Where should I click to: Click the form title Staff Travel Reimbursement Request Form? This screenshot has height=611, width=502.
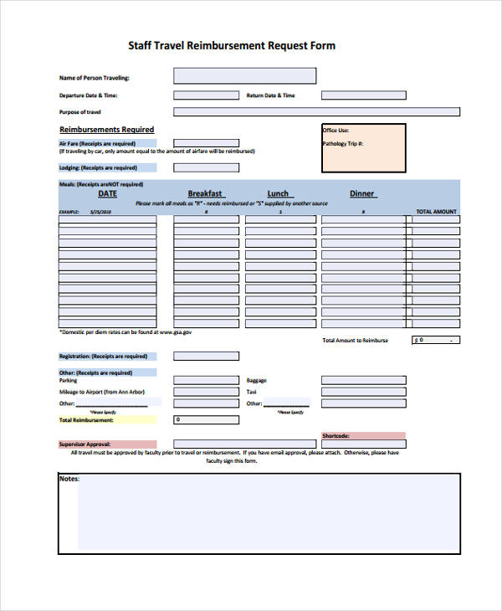point(232,45)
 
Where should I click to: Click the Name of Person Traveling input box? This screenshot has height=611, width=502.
point(244,76)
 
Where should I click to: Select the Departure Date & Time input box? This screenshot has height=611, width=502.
point(206,95)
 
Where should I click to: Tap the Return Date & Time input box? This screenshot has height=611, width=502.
point(363,95)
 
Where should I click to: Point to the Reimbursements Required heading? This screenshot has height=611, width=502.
point(106,130)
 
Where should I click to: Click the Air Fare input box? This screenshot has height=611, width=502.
point(206,144)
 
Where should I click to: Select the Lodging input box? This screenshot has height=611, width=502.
point(206,167)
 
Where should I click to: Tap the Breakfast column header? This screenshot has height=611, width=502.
point(205,193)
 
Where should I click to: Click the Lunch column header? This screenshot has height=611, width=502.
point(278,193)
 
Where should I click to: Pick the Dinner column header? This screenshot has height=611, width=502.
point(362,193)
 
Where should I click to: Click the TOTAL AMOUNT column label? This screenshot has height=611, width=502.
point(437,212)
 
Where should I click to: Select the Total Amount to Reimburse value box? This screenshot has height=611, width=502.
point(436,341)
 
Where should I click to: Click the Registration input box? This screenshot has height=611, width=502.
point(206,356)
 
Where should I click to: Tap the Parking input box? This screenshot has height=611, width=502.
point(206,380)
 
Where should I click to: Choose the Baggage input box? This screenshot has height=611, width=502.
point(363,380)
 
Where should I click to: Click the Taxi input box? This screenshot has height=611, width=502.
point(363,392)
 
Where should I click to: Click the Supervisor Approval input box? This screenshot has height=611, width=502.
point(206,444)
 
